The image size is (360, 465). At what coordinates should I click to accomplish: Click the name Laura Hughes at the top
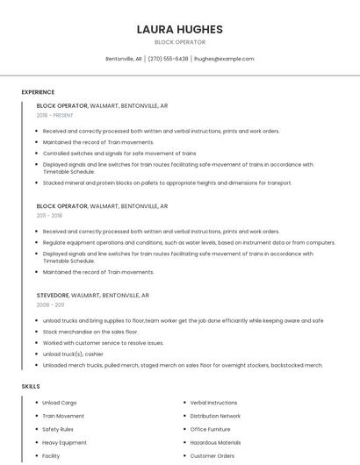(179, 29)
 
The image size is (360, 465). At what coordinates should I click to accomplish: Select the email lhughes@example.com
(224, 59)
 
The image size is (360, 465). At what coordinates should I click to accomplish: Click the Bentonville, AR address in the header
(124, 59)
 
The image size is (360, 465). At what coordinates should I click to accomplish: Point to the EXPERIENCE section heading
(38, 92)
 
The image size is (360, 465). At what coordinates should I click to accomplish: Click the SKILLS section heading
(31, 386)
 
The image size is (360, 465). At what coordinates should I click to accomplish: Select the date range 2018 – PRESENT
(55, 115)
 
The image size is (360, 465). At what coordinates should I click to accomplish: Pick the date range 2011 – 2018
(49, 215)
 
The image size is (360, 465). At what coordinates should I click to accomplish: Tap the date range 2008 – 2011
(50, 305)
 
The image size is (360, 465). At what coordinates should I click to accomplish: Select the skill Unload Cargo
(60, 403)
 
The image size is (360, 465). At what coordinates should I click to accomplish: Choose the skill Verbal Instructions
(213, 403)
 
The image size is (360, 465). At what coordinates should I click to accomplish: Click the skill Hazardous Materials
(215, 443)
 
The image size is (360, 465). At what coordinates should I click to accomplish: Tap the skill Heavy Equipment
(64, 443)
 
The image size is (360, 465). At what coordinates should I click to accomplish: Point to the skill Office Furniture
(210, 429)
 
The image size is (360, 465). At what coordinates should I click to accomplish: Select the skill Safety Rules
(58, 429)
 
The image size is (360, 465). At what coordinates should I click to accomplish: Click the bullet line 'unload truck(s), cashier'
(73, 354)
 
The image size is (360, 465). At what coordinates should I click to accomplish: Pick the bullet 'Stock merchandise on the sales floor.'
(90, 332)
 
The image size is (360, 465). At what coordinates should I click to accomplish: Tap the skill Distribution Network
(215, 416)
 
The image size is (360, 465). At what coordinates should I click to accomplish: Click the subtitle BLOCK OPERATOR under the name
(179, 42)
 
